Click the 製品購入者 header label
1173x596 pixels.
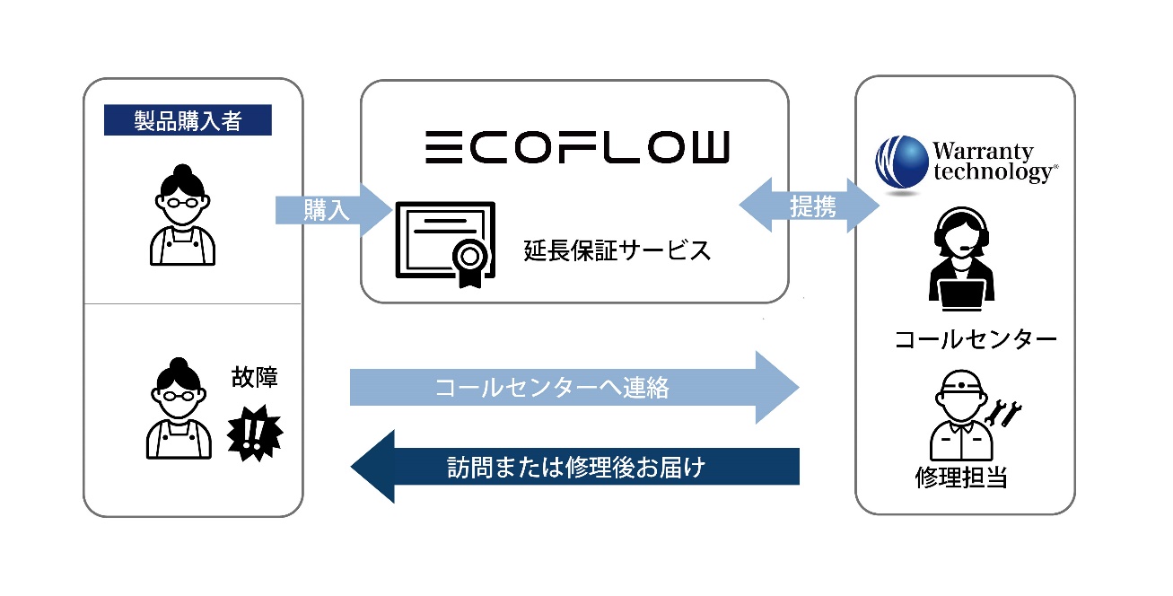(x=188, y=121)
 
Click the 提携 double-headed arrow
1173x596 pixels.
(x=810, y=207)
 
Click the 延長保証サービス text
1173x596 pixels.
(x=617, y=250)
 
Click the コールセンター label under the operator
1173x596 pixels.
(x=975, y=340)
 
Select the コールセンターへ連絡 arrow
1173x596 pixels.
(x=573, y=388)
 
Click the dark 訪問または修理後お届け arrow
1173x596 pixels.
(x=573, y=467)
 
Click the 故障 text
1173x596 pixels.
(x=254, y=378)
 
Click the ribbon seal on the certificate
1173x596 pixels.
(x=469, y=263)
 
